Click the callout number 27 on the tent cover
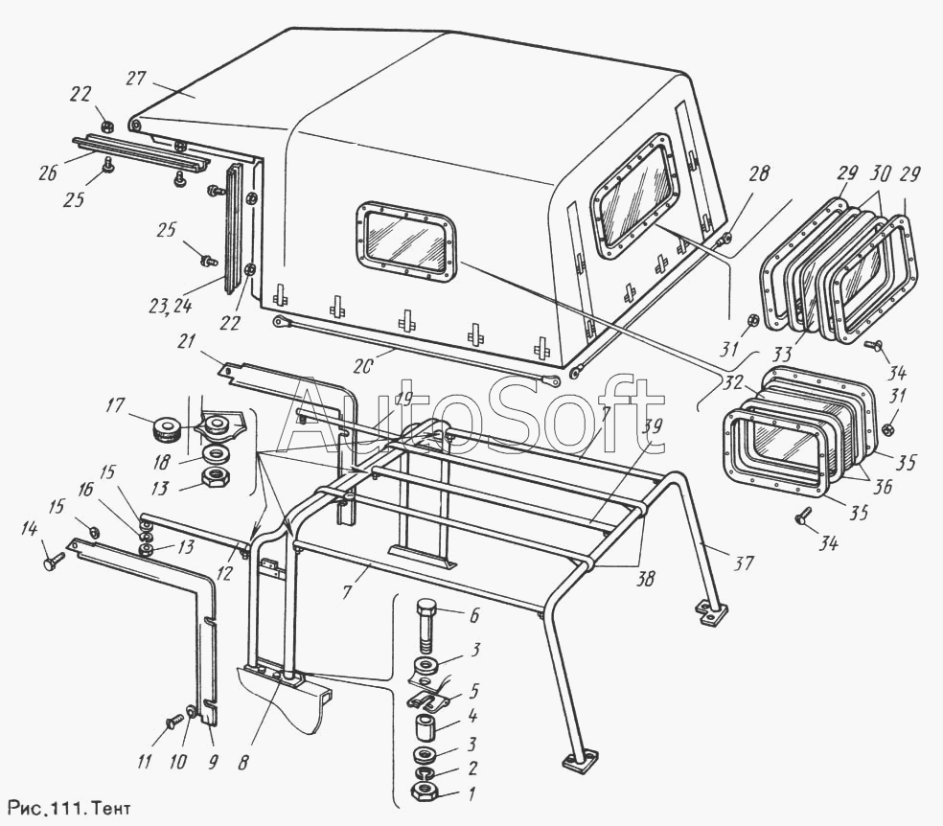tap(134, 78)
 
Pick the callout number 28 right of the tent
tap(758, 175)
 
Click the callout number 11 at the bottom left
tap(144, 764)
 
